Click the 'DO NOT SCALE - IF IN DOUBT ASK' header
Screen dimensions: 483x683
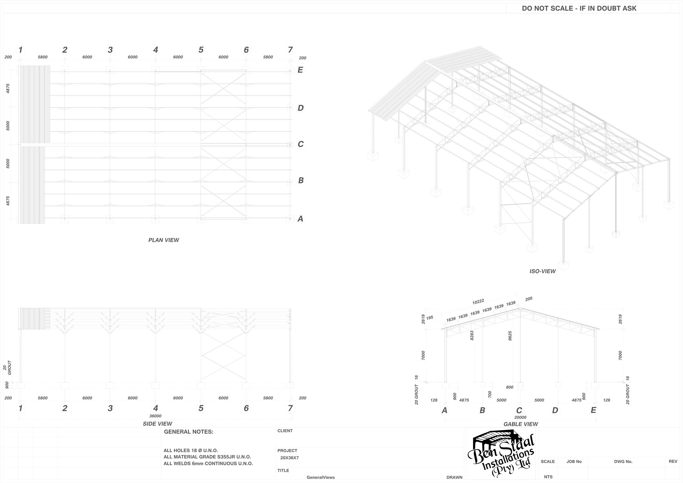[x=579, y=8]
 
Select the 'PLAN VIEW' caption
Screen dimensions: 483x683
[x=164, y=240]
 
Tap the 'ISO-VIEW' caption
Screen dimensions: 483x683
[x=542, y=271]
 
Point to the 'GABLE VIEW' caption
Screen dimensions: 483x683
[x=521, y=424]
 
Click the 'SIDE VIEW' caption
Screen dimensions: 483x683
[x=157, y=424]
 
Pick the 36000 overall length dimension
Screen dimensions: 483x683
[x=155, y=416]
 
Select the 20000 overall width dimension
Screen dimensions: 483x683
[x=520, y=417]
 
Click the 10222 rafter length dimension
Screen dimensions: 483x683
[x=478, y=302]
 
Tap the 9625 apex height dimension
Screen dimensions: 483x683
[x=510, y=336]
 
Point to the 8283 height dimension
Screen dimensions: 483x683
[x=471, y=336]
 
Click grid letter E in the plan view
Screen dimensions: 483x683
[x=300, y=70]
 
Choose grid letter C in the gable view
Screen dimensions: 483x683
[x=519, y=410]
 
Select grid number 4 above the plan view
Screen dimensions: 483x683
[x=155, y=50]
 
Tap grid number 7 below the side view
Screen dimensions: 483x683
[x=290, y=408]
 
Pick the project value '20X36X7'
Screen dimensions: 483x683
[x=289, y=458]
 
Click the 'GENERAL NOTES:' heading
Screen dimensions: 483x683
[x=189, y=432]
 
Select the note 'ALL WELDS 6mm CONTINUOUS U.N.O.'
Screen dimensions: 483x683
[x=208, y=463]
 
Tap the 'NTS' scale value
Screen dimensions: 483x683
[x=548, y=477]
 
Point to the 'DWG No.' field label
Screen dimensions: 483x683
[x=623, y=462]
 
